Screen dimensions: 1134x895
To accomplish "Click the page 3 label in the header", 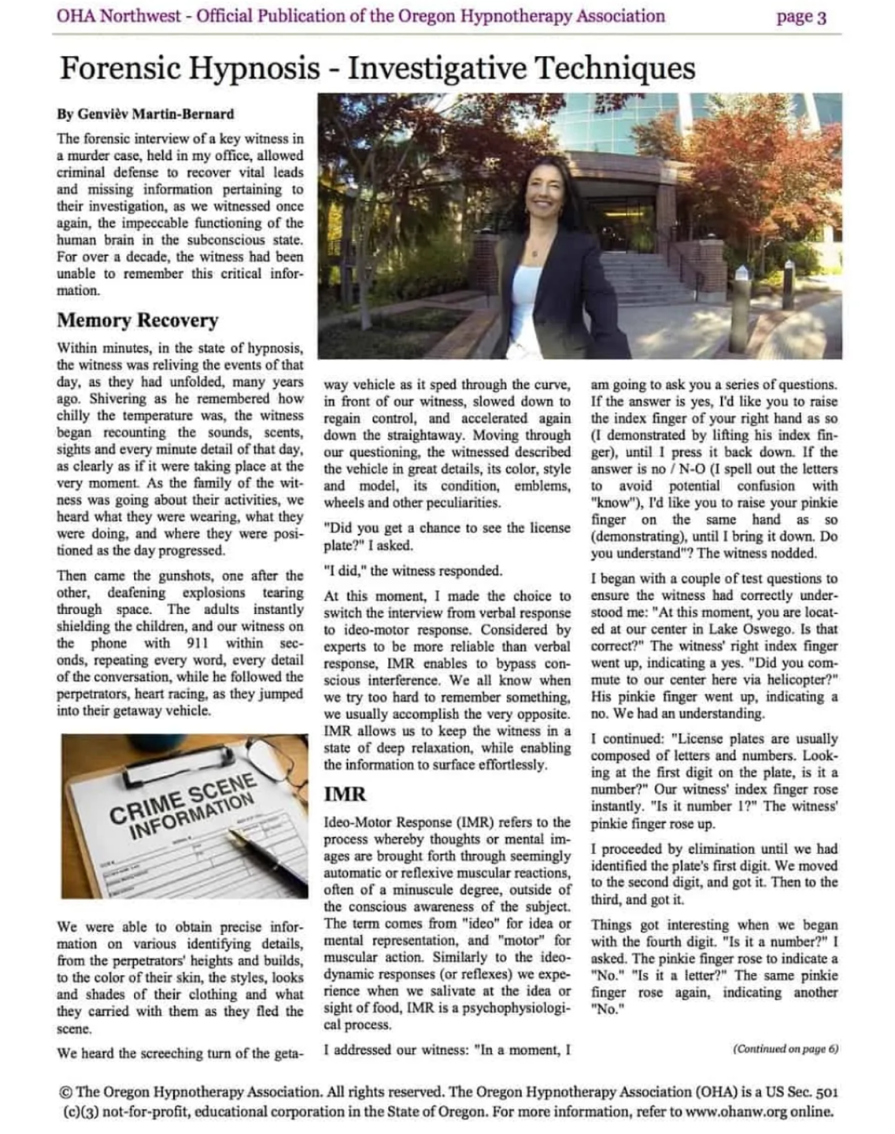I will click(801, 17).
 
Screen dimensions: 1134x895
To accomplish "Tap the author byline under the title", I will click(145, 113).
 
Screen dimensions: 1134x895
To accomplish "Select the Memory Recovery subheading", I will click(137, 321).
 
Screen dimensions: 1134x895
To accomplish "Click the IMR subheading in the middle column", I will click(345, 794).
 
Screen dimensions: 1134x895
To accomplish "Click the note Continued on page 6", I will click(785, 1049).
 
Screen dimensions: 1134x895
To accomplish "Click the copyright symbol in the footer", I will click(66, 1092).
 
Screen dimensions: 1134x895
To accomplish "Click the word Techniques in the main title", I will click(615, 69).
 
